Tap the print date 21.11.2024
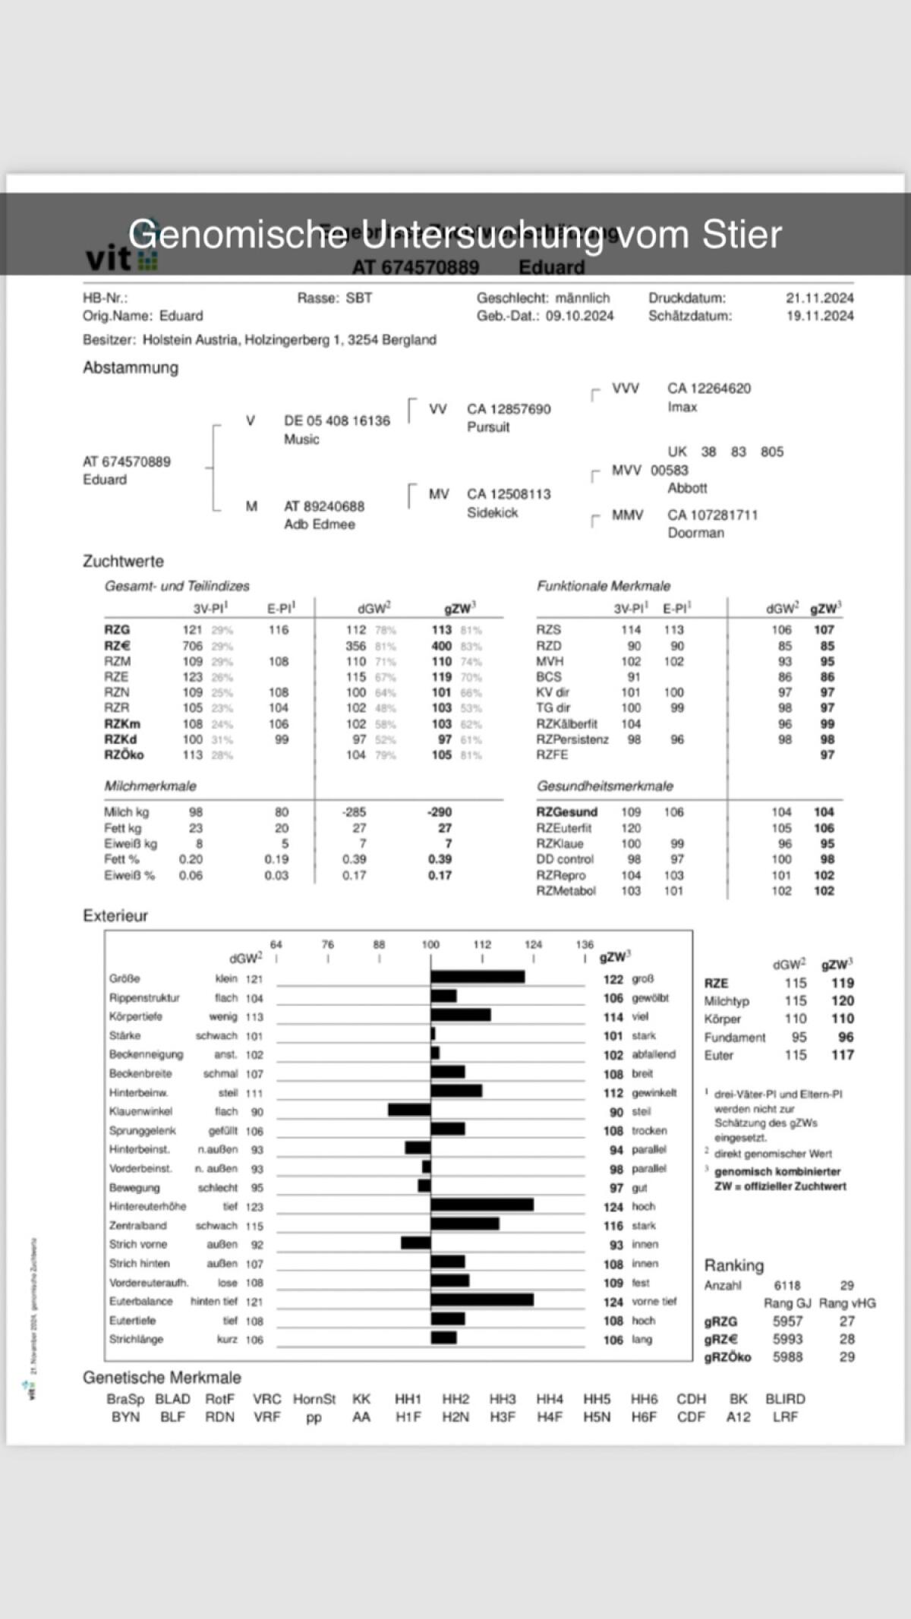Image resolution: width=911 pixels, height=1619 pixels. tap(819, 298)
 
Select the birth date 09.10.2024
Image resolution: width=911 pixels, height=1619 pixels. tap(580, 316)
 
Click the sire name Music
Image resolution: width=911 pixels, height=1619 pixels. tap(301, 439)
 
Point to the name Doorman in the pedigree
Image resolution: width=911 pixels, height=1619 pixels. tap(695, 533)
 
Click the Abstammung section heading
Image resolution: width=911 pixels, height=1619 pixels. tap(131, 368)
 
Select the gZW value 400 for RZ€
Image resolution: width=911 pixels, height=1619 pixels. tap(441, 646)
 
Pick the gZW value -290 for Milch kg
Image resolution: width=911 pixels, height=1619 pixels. tap(439, 812)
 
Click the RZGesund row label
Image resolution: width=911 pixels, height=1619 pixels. tap(566, 812)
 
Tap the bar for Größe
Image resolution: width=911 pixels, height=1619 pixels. tap(478, 977)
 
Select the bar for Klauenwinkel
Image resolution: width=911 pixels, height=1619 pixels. tap(409, 1110)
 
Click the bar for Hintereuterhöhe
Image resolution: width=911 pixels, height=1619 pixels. tap(482, 1205)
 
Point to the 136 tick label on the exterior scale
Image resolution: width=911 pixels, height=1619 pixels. tap(585, 945)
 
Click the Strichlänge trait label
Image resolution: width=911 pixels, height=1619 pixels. tap(136, 1340)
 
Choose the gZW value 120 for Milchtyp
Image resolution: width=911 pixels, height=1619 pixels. tap(842, 1001)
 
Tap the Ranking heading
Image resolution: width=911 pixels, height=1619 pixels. tap(733, 1265)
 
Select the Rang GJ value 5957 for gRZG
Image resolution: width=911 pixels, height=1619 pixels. tap(787, 1321)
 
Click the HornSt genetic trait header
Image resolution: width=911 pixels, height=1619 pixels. tap(314, 1399)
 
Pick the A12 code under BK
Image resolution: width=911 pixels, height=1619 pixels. tap(738, 1417)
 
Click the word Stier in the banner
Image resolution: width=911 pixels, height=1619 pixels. tap(742, 235)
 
